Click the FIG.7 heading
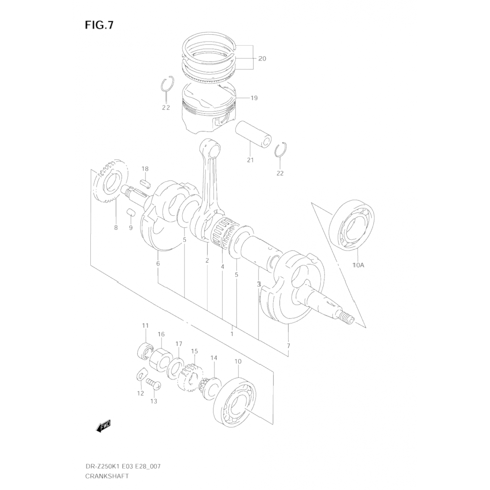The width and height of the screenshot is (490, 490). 99,25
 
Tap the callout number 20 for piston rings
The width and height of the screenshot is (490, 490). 262,59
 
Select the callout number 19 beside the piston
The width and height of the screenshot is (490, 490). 254,98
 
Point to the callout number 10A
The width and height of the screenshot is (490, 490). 358,265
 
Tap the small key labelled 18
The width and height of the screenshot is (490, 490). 145,183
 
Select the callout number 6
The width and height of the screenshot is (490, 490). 158,263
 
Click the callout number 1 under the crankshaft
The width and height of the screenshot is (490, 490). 232,334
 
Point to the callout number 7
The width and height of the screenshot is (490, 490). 288,346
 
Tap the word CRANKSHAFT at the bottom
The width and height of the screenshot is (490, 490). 107,476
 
